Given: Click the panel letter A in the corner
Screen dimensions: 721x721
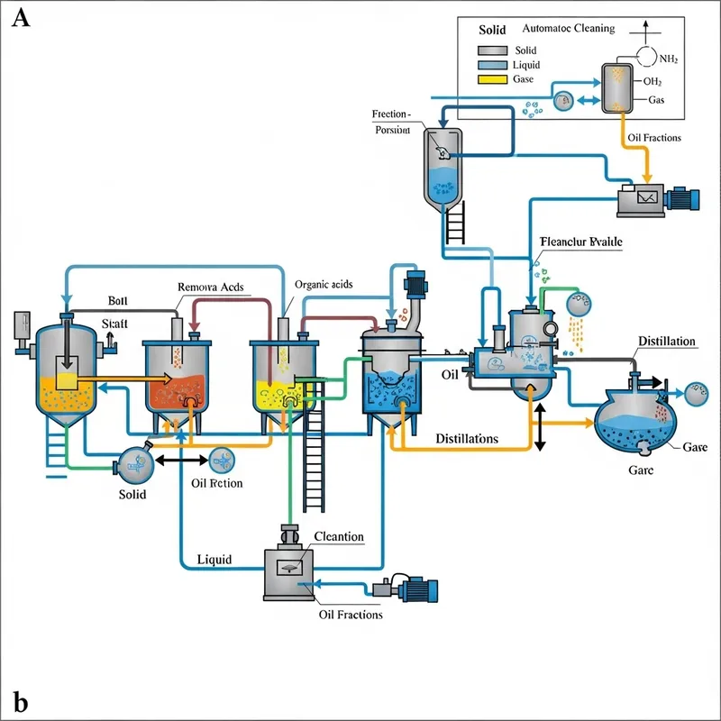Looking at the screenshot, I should [x=20, y=17].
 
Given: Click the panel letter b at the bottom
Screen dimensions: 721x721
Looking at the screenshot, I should [x=20, y=701].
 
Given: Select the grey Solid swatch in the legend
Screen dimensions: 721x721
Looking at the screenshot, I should [x=493, y=50].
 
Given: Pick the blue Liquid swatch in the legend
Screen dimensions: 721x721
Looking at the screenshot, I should [x=493, y=65].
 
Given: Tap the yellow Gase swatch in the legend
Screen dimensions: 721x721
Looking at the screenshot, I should [x=493, y=79].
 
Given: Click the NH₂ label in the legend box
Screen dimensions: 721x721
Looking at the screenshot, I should [x=668, y=59].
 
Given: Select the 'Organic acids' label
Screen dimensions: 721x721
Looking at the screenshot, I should [x=324, y=284].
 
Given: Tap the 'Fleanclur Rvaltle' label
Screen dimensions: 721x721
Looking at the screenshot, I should [x=580, y=242].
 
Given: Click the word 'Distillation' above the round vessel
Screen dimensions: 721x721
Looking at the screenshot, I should [x=666, y=341].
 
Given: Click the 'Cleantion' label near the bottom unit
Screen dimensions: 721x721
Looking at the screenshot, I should [x=338, y=537].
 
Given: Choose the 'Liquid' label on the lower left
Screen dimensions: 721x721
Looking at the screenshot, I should [x=214, y=560].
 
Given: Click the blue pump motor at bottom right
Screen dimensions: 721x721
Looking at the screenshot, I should [x=416, y=589].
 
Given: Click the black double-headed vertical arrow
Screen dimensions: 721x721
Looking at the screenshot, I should [x=540, y=426].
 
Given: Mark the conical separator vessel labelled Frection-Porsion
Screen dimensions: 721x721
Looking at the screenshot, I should [x=441, y=167].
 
